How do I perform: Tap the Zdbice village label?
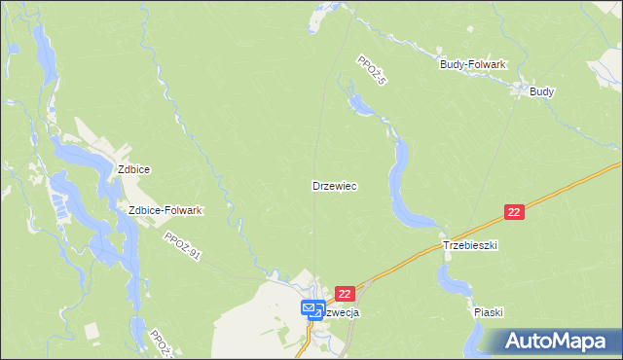point(133,168)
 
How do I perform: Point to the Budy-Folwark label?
point(473,64)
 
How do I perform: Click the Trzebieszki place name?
point(470,246)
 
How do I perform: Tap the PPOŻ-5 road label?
point(372,69)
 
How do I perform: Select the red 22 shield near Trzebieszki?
point(515,212)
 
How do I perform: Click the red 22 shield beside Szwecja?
point(346,293)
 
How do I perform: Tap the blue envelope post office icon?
point(311,309)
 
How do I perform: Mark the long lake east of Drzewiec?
point(401,185)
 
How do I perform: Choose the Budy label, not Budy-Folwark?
point(541,91)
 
